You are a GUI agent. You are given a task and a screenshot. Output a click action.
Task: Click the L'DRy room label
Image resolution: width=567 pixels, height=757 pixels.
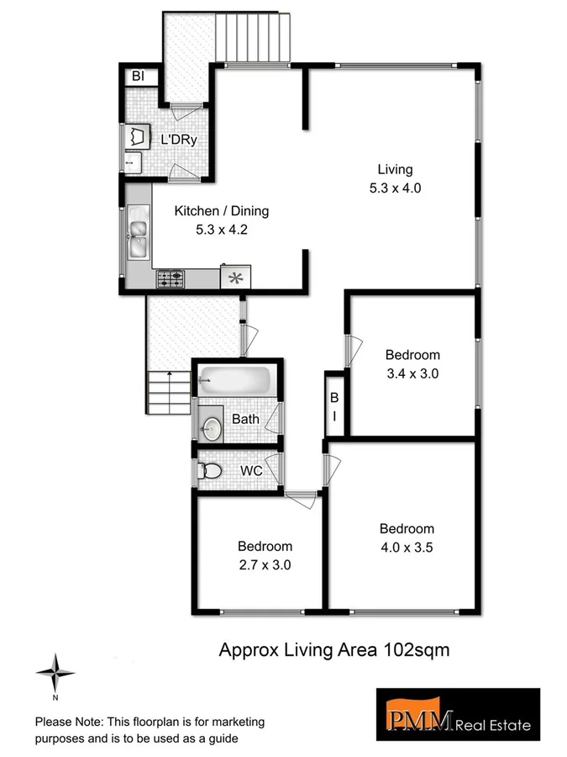pyautogui.click(x=179, y=140)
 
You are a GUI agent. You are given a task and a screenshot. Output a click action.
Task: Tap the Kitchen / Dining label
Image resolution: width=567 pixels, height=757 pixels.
pyautogui.click(x=221, y=211)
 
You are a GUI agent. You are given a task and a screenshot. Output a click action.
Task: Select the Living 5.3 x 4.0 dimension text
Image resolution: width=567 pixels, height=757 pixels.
pyautogui.click(x=394, y=188)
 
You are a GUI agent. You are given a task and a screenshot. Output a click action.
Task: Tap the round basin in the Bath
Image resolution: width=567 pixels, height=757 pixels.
pyautogui.click(x=211, y=428)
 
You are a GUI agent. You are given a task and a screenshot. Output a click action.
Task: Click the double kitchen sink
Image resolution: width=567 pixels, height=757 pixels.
pyautogui.click(x=137, y=235)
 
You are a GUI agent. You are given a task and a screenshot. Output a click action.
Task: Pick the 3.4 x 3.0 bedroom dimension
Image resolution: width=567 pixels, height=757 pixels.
pyautogui.click(x=412, y=373)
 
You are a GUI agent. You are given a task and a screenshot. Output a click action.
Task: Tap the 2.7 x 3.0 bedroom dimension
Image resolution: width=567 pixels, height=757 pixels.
pyautogui.click(x=264, y=565)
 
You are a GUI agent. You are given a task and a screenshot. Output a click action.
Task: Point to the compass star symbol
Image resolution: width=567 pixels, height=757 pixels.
pyautogui.click(x=55, y=672)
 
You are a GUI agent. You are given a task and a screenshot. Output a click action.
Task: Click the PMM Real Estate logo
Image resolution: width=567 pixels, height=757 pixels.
pyautogui.click(x=457, y=716)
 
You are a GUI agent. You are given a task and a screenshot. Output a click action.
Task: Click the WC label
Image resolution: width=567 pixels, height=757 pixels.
pyautogui.click(x=251, y=471)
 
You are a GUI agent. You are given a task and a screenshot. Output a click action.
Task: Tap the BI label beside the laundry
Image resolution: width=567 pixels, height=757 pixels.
pyautogui.click(x=139, y=77)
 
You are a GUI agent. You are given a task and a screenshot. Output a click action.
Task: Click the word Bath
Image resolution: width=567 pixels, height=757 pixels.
pyautogui.click(x=246, y=418)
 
